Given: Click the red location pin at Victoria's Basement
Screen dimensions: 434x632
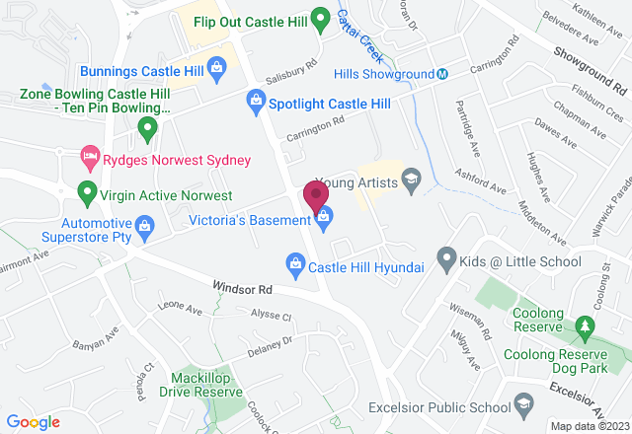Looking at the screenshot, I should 316,194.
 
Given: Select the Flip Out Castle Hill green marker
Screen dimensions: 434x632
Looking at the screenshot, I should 319,17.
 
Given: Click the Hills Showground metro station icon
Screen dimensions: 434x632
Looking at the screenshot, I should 443,74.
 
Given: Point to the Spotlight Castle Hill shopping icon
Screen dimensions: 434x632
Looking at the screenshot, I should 256,102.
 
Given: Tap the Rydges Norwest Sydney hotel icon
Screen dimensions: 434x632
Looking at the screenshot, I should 89,159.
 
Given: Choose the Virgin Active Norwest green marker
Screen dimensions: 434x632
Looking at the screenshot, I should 88,193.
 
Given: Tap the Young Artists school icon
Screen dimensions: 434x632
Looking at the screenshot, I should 412,181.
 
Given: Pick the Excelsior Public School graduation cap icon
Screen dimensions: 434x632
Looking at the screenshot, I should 520,404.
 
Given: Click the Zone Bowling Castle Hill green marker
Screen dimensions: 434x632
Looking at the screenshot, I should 148,127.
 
